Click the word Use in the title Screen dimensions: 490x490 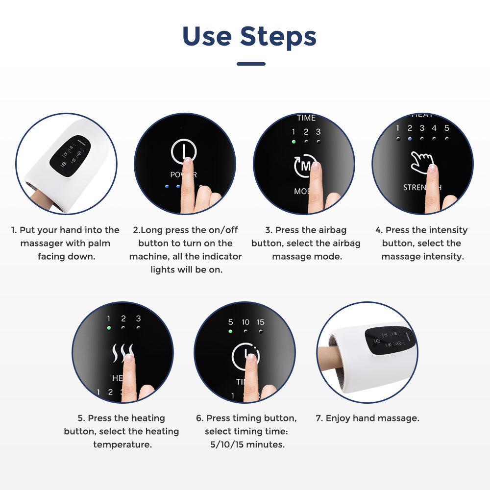[206, 36]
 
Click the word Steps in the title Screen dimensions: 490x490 [278, 36]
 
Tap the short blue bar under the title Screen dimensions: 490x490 [251, 64]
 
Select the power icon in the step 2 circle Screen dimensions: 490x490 [184, 151]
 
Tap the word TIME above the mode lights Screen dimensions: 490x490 [306, 118]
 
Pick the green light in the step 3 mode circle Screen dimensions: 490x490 [294, 142]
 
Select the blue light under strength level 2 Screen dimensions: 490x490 [410, 138]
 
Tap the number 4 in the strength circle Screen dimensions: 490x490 [434, 128]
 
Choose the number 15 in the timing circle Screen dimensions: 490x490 [260, 322]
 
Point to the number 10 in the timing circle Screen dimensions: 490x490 [245, 322]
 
